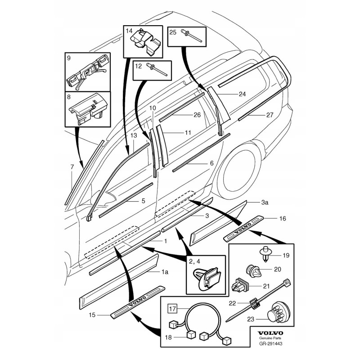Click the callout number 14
pyautogui.click(x=129, y=31)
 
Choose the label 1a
pyautogui.click(x=165, y=272)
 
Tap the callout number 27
pyautogui.click(x=270, y=115)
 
